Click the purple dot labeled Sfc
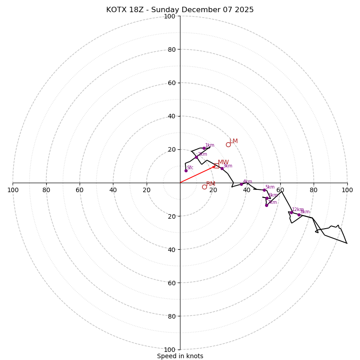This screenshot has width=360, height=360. [186, 171]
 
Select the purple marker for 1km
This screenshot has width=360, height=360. [204, 148]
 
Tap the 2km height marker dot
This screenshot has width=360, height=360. [196, 157]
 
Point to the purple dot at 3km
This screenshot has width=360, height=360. [222, 168]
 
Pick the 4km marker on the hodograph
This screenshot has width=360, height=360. [241, 184]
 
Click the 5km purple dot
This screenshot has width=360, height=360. [264, 190]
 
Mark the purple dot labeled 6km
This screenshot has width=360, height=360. [267, 198]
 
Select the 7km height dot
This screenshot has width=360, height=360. [266, 205]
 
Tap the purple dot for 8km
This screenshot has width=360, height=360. [299, 215]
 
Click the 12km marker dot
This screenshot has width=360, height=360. [291, 212]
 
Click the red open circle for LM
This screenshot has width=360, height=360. [228, 144]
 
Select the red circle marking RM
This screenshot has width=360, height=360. [204, 187]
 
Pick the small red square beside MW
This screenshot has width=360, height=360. [216, 166]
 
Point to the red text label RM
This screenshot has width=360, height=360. [211, 184]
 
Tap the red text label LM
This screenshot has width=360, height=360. [234, 141]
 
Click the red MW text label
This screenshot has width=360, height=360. [223, 162]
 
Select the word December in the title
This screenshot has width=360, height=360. [197, 10]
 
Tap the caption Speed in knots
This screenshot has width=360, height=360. [180, 356]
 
